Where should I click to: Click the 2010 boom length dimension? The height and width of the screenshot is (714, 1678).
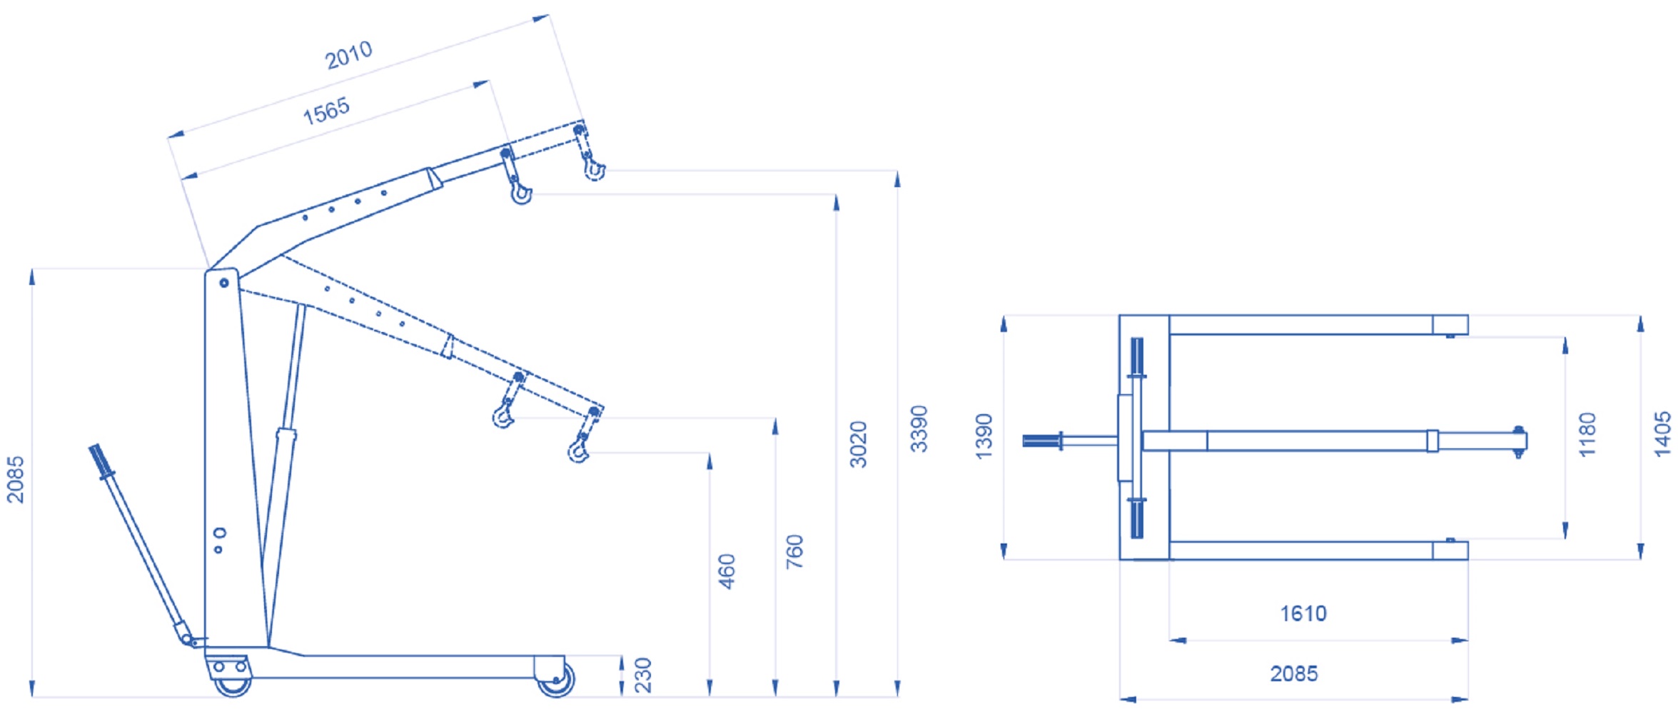click(x=348, y=55)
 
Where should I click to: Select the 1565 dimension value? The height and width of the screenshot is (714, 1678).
click(x=326, y=111)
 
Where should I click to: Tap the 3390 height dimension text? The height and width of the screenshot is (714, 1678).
click(x=919, y=429)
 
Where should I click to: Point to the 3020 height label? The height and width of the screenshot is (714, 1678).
click(x=858, y=444)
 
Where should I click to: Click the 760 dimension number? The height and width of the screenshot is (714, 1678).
click(x=794, y=551)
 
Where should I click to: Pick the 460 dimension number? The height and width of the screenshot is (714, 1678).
click(x=727, y=571)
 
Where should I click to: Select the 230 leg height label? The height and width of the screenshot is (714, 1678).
click(x=643, y=675)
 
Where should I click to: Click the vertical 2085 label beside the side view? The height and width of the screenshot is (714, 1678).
click(x=15, y=480)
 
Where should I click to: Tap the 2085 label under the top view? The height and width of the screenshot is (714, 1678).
click(x=1293, y=673)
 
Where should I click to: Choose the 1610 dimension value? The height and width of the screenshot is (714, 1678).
click(x=1303, y=613)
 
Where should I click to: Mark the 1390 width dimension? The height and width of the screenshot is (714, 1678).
click(x=984, y=436)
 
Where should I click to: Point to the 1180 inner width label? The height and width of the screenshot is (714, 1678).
click(x=1587, y=435)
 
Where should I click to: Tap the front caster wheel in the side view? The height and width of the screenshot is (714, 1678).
click(x=556, y=679)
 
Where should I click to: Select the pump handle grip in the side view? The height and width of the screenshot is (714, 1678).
click(x=101, y=461)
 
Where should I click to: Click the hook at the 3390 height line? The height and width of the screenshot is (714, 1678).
click(x=594, y=169)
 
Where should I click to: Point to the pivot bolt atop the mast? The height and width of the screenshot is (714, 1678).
click(x=224, y=283)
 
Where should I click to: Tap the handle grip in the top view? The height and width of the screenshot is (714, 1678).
click(x=1041, y=441)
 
